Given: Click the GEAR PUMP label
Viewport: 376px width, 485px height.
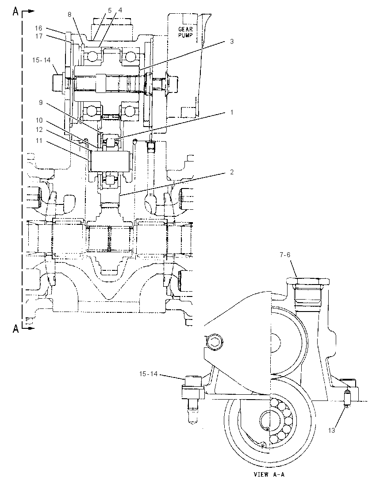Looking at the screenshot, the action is (x=185, y=32).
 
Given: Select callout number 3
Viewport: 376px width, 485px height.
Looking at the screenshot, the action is (x=232, y=42).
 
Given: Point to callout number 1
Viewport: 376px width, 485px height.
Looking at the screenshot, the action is (x=232, y=112).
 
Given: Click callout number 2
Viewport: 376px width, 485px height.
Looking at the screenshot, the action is (x=232, y=172).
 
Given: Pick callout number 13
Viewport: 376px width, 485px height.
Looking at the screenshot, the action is (x=331, y=430).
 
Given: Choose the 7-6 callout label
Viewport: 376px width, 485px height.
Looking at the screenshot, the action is (x=285, y=255).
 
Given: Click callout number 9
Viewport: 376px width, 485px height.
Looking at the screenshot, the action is (x=41, y=102).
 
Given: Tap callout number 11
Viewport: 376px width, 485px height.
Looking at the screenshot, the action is (x=39, y=141).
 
